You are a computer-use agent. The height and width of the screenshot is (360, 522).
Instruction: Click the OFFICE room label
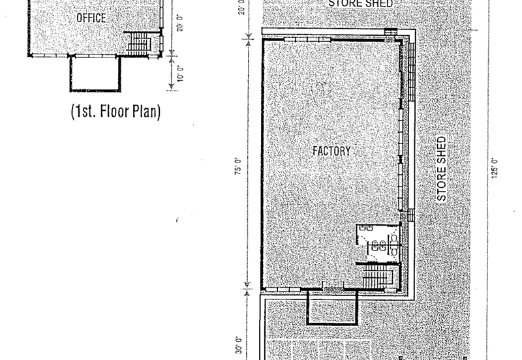coord(91,18)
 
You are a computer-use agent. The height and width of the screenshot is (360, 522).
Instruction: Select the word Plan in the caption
coord(144,111)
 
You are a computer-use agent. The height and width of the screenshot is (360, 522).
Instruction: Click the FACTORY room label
coord(331,151)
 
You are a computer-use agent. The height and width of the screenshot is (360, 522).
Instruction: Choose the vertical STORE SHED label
coord(442,169)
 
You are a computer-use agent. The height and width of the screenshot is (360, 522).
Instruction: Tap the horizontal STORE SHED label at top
coord(361,3)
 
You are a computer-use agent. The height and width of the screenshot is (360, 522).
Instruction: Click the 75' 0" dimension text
coord(239,166)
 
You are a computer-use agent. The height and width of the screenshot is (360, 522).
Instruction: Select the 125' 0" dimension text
coord(495,168)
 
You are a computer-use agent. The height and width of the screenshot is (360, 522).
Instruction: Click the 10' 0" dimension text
coord(180,73)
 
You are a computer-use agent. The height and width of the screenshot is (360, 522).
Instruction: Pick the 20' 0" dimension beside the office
coord(180,23)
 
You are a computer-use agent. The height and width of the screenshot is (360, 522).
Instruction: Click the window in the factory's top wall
coord(307,40)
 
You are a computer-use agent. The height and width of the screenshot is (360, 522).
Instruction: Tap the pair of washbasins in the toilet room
coord(379,247)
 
